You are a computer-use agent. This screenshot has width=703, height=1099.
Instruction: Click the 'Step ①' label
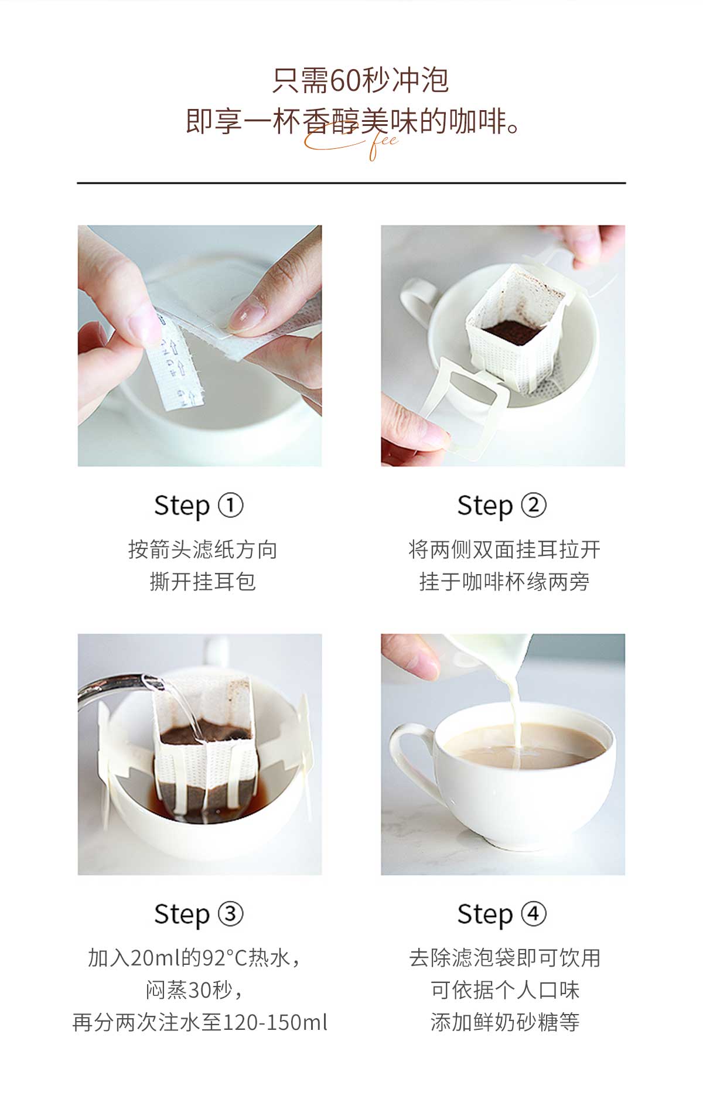tap(199, 506)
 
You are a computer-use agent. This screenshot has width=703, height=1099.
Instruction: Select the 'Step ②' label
tap(501, 506)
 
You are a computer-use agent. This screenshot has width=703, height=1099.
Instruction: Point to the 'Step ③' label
tap(199, 914)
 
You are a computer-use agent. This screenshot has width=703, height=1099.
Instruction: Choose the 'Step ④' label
tap(501, 914)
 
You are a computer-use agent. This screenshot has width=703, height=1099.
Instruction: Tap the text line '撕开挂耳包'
tap(203, 582)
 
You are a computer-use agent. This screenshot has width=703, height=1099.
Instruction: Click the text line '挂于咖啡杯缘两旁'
tap(504, 582)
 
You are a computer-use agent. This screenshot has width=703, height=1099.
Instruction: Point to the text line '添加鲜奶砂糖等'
tap(504, 1022)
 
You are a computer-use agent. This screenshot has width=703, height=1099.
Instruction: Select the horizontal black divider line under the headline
tap(351, 183)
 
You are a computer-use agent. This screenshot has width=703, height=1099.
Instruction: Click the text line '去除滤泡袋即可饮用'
tap(504, 958)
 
